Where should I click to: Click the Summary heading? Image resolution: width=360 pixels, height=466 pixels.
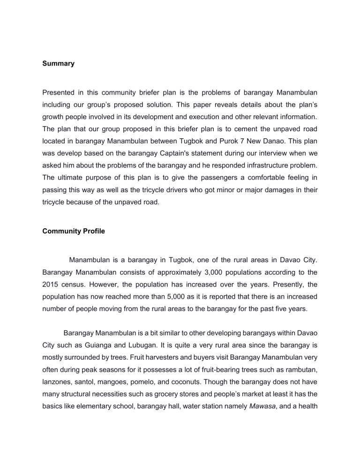pos(58,63)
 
